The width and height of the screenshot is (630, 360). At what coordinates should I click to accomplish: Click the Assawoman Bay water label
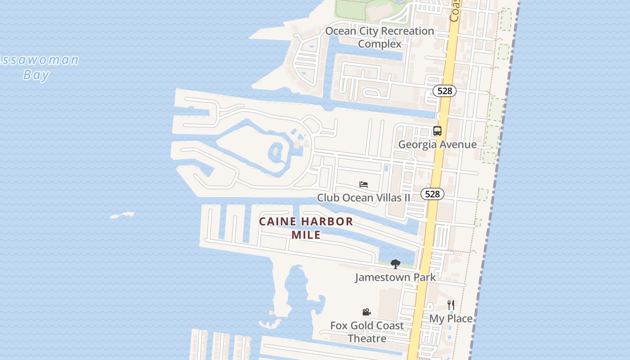(x=38, y=67)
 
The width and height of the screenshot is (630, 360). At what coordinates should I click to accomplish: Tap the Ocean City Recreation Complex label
(x=379, y=37)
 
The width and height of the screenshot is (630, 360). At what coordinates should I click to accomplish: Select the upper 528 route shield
(x=445, y=91)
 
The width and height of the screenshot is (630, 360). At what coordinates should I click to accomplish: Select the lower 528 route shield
(x=432, y=194)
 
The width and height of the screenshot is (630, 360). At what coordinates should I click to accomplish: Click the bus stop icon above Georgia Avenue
(x=437, y=131)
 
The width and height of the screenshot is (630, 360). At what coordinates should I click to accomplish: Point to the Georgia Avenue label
(x=437, y=144)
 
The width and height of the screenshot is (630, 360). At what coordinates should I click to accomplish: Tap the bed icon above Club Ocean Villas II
(x=364, y=184)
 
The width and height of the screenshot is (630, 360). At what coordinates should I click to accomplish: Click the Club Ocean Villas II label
(x=364, y=198)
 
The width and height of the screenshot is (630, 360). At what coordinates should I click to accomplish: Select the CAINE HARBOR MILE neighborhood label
(x=306, y=228)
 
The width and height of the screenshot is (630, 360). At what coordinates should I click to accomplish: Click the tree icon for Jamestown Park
(x=395, y=264)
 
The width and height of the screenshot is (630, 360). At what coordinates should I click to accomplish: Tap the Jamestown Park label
(x=395, y=277)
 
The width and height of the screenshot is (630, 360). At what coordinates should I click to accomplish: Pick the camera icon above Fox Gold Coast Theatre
(x=366, y=312)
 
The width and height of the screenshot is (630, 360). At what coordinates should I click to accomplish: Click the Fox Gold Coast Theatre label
(x=367, y=332)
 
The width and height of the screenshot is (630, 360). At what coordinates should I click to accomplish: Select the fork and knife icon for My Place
(x=451, y=305)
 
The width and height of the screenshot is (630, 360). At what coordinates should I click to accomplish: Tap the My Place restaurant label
(x=451, y=319)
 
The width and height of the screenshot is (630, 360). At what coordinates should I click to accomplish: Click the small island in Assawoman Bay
(x=122, y=215)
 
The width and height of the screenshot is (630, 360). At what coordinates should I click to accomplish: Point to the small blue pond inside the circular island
(x=275, y=152)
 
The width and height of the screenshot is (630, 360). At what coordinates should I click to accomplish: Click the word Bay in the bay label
(x=36, y=75)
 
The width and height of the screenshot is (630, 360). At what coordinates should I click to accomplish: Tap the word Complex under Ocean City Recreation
(x=379, y=44)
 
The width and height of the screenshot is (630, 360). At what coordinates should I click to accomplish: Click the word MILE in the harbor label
(x=306, y=234)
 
